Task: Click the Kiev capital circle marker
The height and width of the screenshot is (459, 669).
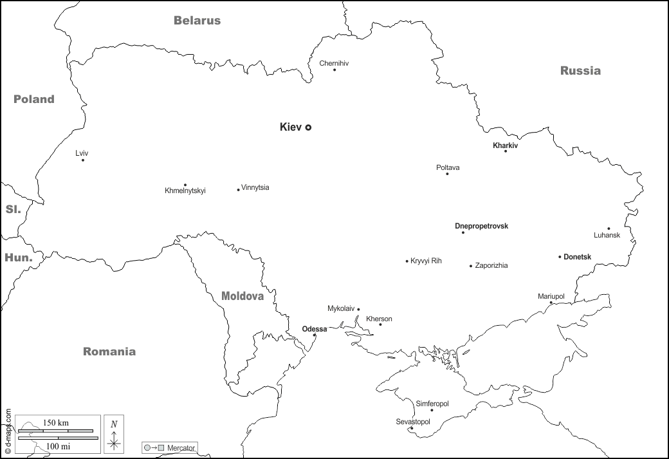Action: pyautogui.click(x=308, y=127)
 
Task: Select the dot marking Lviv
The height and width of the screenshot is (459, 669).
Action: pyautogui.click(x=83, y=160)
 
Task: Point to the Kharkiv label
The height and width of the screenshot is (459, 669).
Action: pyautogui.click(x=505, y=145)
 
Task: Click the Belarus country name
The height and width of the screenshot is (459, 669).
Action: pyautogui.click(x=197, y=21)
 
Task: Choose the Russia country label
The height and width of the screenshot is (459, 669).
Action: pyautogui.click(x=580, y=71)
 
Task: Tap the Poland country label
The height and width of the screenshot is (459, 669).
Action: pyautogui.click(x=34, y=99)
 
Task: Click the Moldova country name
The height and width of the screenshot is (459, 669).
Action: pyautogui.click(x=243, y=296)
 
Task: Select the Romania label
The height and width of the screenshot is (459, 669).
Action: pyautogui.click(x=109, y=351)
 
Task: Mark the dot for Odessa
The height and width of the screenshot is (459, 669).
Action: pyautogui.click(x=315, y=335)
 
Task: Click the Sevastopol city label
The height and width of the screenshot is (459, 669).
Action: pyautogui.click(x=412, y=422)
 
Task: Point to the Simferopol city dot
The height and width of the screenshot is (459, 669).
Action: pyautogui.click(x=432, y=410)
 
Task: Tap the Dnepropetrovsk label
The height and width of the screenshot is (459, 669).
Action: pyautogui.click(x=481, y=226)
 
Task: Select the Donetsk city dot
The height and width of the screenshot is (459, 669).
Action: pyautogui.click(x=560, y=257)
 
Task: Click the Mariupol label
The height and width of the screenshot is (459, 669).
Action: pyautogui.click(x=551, y=296)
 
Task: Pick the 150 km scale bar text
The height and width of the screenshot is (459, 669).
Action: pyautogui.click(x=56, y=423)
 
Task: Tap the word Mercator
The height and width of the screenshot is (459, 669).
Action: pyautogui.click(x=181, y=447)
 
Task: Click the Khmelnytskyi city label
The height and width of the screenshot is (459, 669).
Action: pyautogui.click(x=185, y=191)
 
